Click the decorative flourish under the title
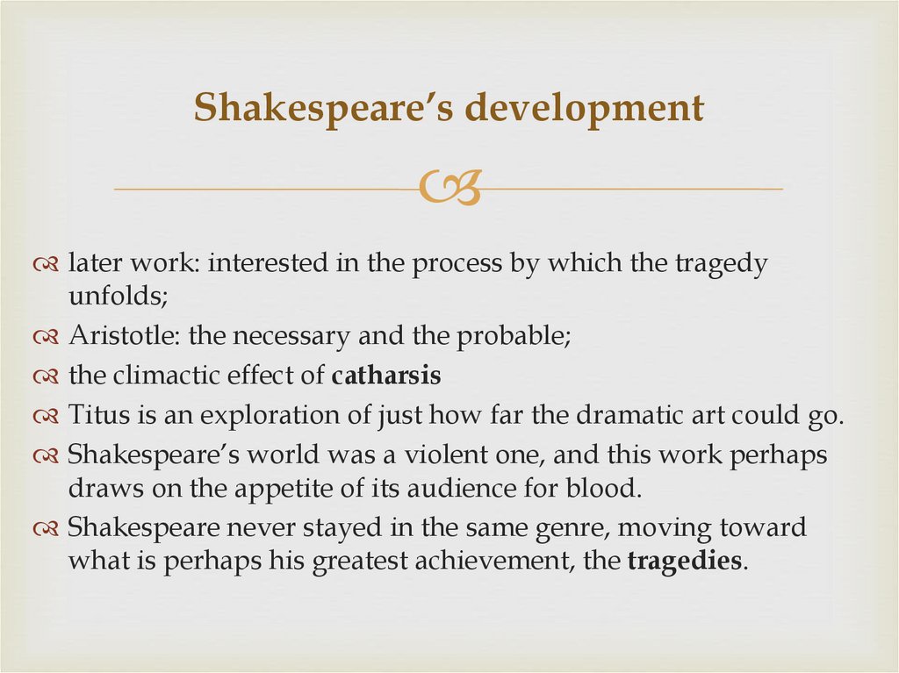point(449,189)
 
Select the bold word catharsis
point(386,376)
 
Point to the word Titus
point(97,415)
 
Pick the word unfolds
point(115,296)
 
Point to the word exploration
point(273,415)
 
